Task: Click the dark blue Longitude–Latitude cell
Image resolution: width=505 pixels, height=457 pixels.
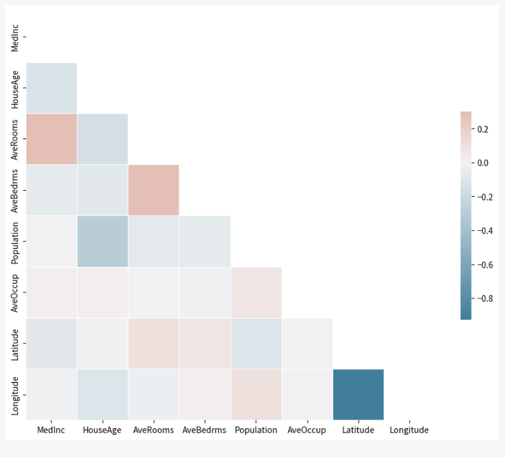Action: pyautogui.click(x=358, y=394)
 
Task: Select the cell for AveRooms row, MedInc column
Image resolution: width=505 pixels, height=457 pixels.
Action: pyautogui.click(x=52, y=139)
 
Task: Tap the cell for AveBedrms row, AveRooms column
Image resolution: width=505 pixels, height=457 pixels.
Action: pyautogui.click(x=153, y=190)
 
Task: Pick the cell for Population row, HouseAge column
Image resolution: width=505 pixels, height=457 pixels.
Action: pyautogui.click(x=102, y=241)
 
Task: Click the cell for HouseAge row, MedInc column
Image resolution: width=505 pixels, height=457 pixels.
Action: pyautogui.click(x=52, y=88)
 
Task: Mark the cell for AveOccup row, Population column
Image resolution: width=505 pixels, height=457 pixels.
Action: pyautogui.click(x=256, y=292)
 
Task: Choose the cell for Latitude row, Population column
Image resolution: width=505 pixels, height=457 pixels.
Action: pyautogui.click(x=256, y=343)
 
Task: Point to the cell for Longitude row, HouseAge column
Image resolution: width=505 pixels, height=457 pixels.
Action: pyautogui.click(x=102, y=394)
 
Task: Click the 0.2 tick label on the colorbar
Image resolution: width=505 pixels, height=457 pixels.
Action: pyautogui.click(x=482, y=128)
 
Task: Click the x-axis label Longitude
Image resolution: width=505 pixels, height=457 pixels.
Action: pyautogui.click(x=409, y=430)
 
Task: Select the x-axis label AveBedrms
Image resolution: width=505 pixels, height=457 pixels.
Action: pyautogui.click(x=204, y=430)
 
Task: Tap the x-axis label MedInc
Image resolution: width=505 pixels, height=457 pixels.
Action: pyautogui.click(x=52, y=430)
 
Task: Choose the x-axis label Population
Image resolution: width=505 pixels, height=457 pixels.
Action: pyautogui.click(x=256, y=430)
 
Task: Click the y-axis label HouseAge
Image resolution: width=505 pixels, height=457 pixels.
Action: pyautogui.click(x=15, y=88)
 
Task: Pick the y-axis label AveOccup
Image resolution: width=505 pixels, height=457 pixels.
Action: pyautogui.click(x=15, y=292)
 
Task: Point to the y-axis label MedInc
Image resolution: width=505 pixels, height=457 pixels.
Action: pyautogui.click(x=15, y=37)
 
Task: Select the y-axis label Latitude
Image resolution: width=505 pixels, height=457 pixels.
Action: pyautogui.click(x=15, y=343)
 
